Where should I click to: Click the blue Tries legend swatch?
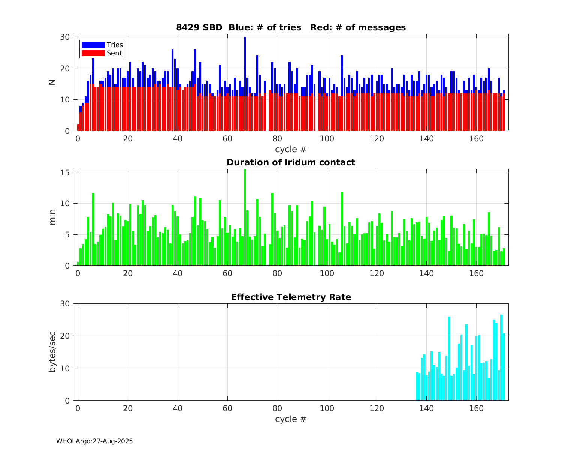click(x=93, y=45)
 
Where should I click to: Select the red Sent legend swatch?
click(x=93, y=53)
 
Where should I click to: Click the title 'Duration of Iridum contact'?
click(x=291, y=162)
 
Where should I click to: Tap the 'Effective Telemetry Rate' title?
click(x=291, y=297)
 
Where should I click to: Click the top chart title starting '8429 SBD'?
click(x=291, y=27)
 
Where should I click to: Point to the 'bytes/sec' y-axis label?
click(x=52, y=352)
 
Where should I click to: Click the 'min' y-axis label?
click(x=52, y=217)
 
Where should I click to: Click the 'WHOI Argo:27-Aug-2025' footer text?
click(x=94, y=441)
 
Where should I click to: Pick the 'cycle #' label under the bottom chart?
click(x=291, y=419)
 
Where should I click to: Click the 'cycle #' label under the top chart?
click(x=291, y=149)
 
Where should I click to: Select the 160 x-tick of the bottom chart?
click(x=476, y=408)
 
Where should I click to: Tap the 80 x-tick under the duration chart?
click(x=277, y=273)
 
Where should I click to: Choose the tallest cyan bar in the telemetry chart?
click(x=501, y=356)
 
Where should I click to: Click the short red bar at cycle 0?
click(x=78, y=128)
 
